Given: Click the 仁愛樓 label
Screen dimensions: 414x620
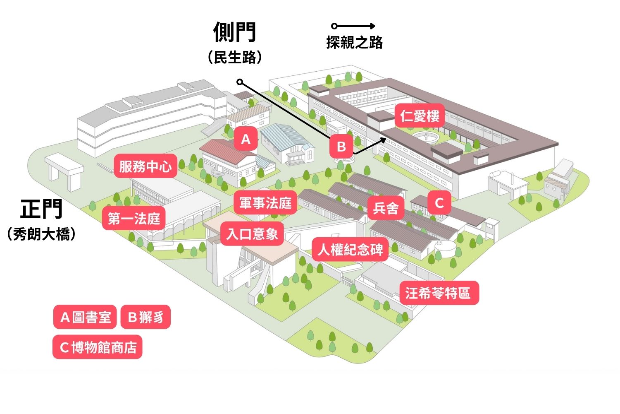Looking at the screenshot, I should [x=420, y=116].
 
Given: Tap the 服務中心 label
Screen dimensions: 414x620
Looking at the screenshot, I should [x=145, y=166].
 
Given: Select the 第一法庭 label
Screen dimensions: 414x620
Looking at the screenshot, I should [x=134, y=218].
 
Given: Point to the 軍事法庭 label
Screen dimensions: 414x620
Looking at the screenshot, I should [x=265, y=203].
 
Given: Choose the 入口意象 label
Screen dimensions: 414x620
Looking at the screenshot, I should [x=252, y=234].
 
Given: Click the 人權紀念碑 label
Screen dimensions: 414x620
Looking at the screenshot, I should [x=350, y=249].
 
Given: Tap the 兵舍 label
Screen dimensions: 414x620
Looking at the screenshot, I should [x=386, y=208].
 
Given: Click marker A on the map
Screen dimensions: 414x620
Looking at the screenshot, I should [x=246, y=139].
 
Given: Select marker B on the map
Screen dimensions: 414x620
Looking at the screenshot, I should [x=341, y=146].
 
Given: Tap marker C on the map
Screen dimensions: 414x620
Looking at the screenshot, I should [x=439, y=202].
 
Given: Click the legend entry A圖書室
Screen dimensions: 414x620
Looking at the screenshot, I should [x=85, y=317].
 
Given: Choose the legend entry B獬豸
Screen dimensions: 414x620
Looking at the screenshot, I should [x=145, y=317].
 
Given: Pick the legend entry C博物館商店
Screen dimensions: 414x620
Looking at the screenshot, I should [x=98, y=347].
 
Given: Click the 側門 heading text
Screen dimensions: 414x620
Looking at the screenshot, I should [x=235, y=32].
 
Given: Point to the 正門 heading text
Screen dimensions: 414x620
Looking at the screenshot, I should [x=41, y=209].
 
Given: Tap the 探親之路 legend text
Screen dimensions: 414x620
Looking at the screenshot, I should [x=354, y=42].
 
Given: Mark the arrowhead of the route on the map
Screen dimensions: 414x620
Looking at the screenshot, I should [x=383, y=140].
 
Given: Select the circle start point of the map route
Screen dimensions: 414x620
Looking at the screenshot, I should [x=240, y=82].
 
